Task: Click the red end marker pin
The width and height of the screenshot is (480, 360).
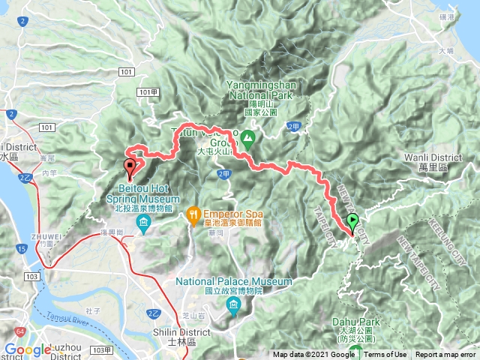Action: [130, 164]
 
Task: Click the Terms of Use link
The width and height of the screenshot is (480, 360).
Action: [385, 355]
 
